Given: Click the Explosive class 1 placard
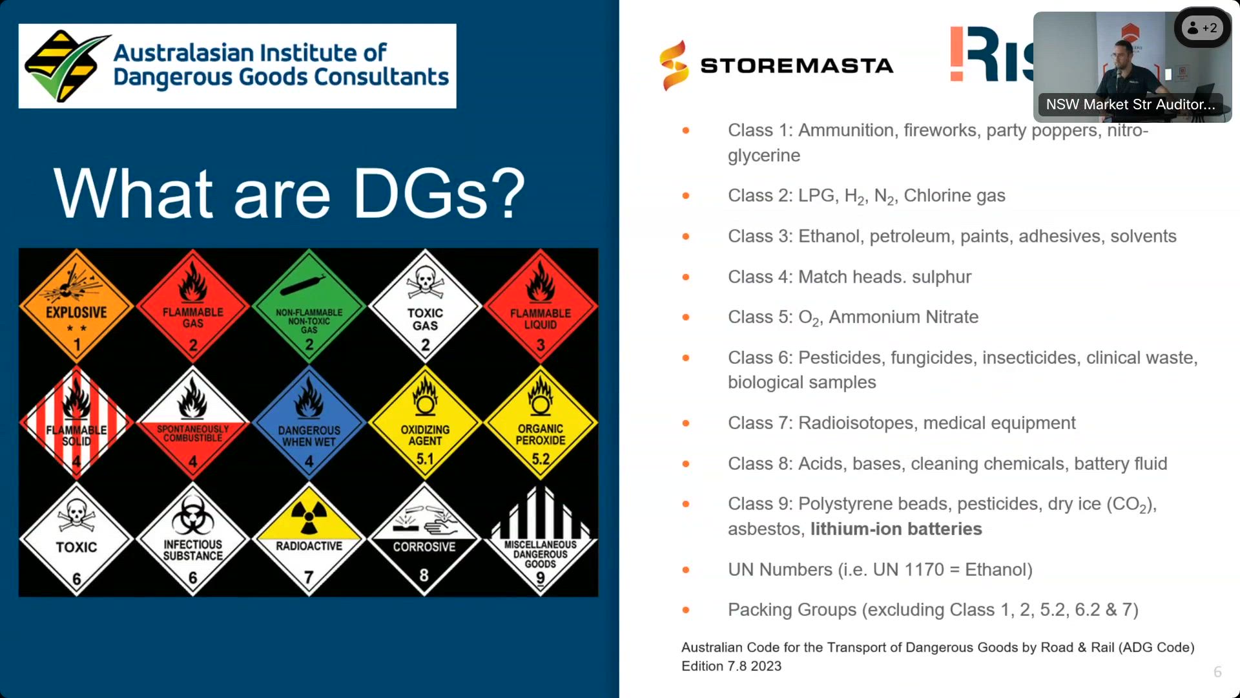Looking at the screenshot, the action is (76, 306).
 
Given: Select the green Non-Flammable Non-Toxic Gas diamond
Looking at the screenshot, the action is (309, 306).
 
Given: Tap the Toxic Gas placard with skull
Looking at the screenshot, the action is (425, 306).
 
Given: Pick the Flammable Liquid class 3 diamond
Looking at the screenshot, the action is (541, 306).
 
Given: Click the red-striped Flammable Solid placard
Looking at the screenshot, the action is (76, 423).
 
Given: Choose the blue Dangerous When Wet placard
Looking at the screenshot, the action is (309, 423).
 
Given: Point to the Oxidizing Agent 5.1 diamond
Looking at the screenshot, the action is (425, 423).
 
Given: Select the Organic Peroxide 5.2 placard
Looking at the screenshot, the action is (541, 423).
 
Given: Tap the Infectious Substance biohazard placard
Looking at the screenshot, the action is (192, 539).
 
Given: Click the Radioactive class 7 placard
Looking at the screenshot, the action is (309, 539).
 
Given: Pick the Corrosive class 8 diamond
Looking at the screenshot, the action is (425, 539).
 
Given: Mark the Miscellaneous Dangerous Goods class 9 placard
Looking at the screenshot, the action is (541, 539).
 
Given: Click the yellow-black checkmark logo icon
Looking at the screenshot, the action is (66, 65).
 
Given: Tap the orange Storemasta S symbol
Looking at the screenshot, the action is (674, 65).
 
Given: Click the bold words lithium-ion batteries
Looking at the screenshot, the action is (896, 529).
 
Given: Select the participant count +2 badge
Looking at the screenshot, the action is (1203, 28).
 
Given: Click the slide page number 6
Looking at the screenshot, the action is (1217, 672).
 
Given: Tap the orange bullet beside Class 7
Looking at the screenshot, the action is (686, 423).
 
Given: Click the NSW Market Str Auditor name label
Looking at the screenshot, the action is (1130, 104).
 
